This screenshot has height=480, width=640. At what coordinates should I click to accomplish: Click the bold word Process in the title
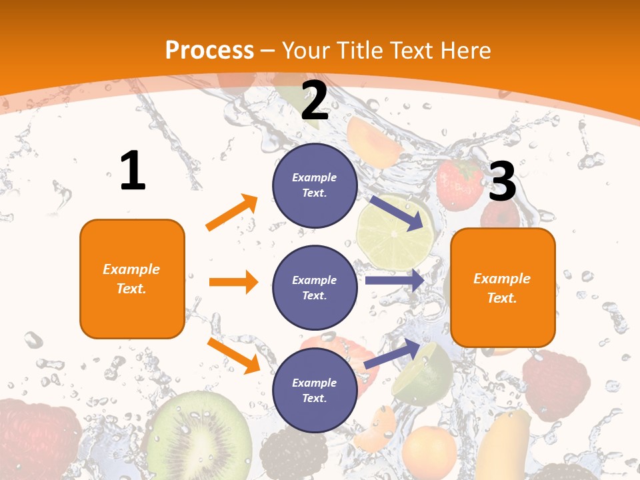pos(209,50)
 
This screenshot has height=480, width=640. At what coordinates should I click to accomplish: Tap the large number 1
pos(133,171)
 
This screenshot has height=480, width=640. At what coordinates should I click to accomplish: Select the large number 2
pos(315,101)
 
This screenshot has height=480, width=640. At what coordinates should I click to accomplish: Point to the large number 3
pos(502,181)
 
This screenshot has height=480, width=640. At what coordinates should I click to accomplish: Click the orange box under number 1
pos(132,279)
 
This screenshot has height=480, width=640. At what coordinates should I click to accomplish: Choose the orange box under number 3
pos(503,287)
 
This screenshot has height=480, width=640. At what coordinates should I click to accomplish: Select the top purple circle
pos(315,185)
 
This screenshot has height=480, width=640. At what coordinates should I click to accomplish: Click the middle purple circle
pos(315,287)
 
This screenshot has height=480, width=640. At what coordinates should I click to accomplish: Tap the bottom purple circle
pos(315,390)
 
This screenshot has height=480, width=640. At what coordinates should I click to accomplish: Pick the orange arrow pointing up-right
pos(232,213)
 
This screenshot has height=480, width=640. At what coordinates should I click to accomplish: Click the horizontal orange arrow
pos(233,282)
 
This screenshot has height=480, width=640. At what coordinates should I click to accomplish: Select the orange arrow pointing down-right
pos(233,355)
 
